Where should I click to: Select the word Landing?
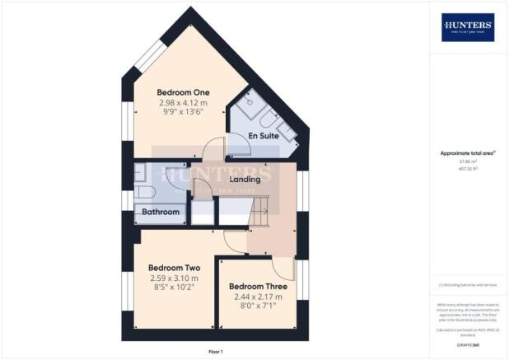(245, 179)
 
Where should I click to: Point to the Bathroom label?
(160, 212)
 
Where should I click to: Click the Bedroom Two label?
(174, 268)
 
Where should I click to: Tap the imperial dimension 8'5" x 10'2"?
(174, 288)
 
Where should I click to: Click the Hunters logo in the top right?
(468, 27)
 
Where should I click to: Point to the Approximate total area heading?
(468, 153)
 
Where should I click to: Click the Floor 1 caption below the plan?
(215, 352)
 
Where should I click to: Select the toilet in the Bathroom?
(141, 193)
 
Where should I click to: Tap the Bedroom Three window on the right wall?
(302, 284)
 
